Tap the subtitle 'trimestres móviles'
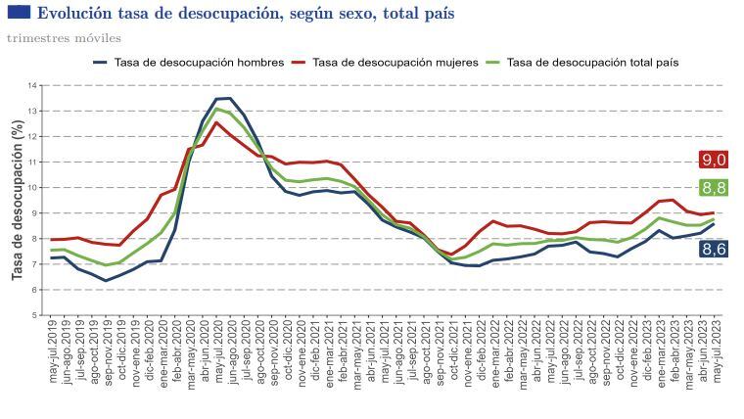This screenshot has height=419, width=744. coord(64,38)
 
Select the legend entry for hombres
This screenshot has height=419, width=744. coord(188,62)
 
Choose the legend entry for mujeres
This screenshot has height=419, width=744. coord(385,62)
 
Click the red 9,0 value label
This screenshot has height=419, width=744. coord(714,160)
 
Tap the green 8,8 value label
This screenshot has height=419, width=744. coord(714,187)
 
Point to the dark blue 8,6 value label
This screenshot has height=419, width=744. coord(714,249)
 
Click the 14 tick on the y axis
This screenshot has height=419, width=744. coord(32,85)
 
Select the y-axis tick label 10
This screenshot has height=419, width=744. coord(32,187)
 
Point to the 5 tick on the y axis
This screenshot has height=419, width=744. coord(34,315)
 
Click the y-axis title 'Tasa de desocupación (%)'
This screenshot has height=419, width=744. coord(17,200)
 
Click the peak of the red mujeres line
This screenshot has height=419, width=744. coord(216,122)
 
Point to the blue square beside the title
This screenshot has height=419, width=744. coord(19,12)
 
